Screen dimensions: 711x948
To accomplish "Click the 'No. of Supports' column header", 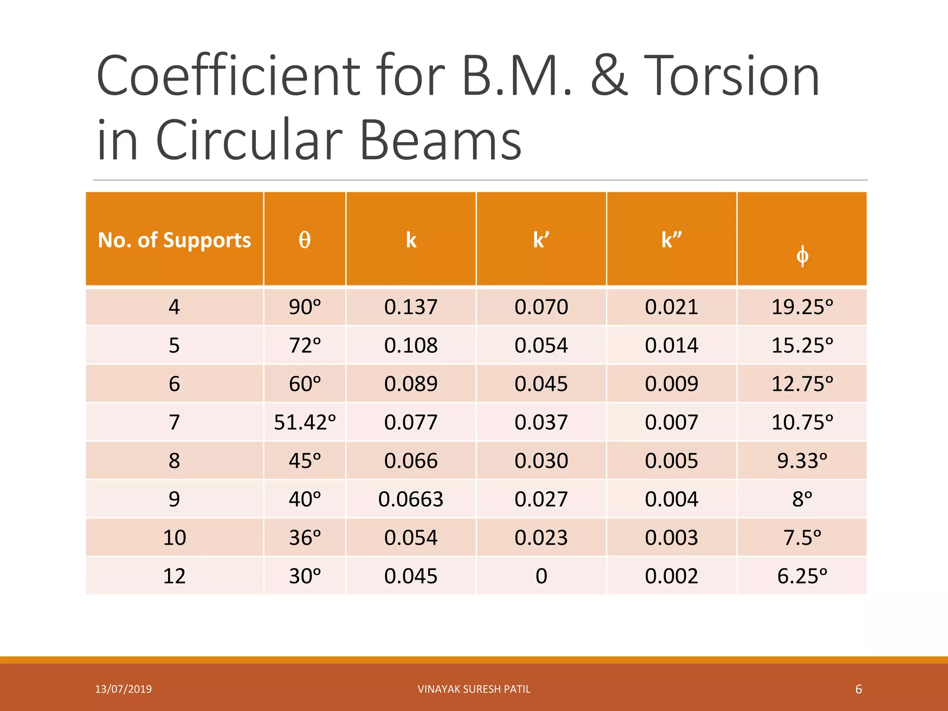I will [175, 240].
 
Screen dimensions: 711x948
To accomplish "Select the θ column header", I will [305, 240].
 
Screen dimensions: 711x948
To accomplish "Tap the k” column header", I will [671, 240].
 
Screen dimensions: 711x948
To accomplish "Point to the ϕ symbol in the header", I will [802, 256].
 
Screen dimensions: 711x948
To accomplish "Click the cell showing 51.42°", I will [305, 422].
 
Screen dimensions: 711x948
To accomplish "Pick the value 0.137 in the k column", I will [411, 307].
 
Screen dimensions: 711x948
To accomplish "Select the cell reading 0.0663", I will [411, 499].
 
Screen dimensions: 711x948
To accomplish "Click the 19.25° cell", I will [802, 307].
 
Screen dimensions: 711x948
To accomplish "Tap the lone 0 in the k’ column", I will [541, 576].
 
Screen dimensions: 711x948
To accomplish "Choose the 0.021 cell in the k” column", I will [671, 307].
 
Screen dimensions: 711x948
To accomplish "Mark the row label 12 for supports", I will [175, 576].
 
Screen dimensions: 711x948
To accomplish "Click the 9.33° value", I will [802, 461].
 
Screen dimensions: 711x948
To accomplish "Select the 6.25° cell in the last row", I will [802, 576].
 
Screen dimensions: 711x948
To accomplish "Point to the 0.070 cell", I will [541, 307].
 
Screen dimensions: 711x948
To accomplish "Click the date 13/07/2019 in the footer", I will [123, 689].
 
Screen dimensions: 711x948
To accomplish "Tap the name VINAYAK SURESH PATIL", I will [474, 689].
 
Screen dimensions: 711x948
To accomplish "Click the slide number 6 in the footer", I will [858, 689].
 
